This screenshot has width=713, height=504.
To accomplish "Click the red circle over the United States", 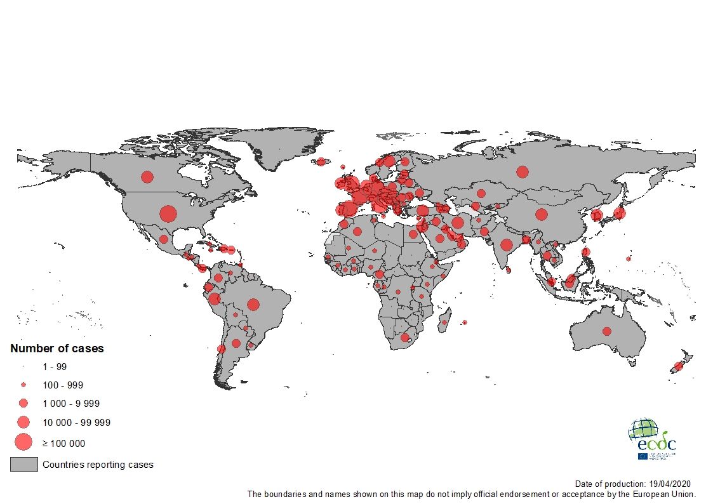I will [x=168, y=214].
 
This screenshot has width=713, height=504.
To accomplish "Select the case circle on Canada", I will [x=147, y=177].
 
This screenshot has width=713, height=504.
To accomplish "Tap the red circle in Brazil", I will [x=253, y=305].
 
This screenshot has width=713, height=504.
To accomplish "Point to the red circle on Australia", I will [x=607, y=331].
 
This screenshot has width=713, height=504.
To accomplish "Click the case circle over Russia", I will [x=523, y=171].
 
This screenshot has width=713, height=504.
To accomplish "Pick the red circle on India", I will [x=506, y=245].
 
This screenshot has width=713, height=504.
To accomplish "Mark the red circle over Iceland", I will [x=321, y=161].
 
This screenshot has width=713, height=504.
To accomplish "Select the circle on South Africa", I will [x=405, y=338].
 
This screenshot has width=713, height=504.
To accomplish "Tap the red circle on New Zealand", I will [x=677, y=366].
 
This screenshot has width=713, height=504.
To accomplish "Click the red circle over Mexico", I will [x=163, y=239].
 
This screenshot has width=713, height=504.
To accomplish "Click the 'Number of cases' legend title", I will [x=57, y=348].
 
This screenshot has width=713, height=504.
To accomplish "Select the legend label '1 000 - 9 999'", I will [x=71, y=404].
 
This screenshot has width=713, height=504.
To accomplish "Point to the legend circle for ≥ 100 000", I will [x=23, y=441].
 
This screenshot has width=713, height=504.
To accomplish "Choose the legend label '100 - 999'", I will [x=63, y=385].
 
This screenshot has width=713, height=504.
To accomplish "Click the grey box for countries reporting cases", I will [x=23, y=465].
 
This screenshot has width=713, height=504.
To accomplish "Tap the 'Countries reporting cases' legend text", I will [x=98, y=465].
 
